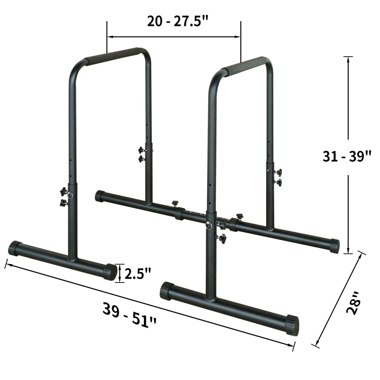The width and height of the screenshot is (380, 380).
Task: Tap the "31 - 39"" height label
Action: click(x=347, y=157)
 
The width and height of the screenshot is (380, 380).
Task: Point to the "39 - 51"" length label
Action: click(x=130, y=315)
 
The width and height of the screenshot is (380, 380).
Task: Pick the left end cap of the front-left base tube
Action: click(x=14, y=248)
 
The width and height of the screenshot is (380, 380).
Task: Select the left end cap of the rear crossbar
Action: click(x=100, y=196)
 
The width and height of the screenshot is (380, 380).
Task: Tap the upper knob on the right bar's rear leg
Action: click(x=279, y=173)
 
